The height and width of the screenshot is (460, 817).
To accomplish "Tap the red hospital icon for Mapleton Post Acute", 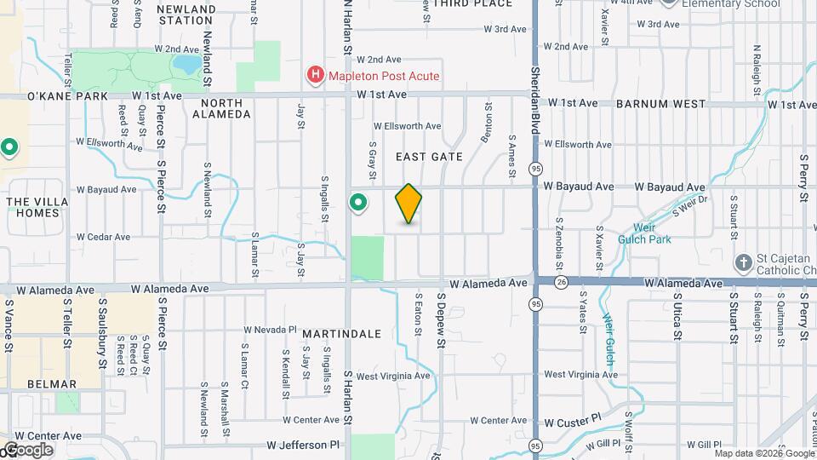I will pyautogui.click(x=316, y=76).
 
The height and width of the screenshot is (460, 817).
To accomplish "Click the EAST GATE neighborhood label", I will pyautogui.click(x=429, y=157).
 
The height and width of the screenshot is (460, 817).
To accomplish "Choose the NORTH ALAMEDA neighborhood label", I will pyautogui.click(x=222, y=109).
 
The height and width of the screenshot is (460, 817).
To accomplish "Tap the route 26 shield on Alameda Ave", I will pyautogui.click(x=560, y=282).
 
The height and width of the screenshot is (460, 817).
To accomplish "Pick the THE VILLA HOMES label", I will pyautogui.click(x=34, y=207).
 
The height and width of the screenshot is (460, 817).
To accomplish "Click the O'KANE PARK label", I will pyautogui.click(x=56, y=96).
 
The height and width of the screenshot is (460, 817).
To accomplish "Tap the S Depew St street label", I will pyautogui.click(x=442, y=319).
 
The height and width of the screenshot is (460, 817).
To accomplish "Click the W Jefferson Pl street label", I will pyautogui.click(x=303, y=445).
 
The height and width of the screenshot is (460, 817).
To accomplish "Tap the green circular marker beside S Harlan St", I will pyautogui.click(x=358, y=203).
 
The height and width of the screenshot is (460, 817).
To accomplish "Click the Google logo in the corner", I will pyautogui.click(x=27, y=449).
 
